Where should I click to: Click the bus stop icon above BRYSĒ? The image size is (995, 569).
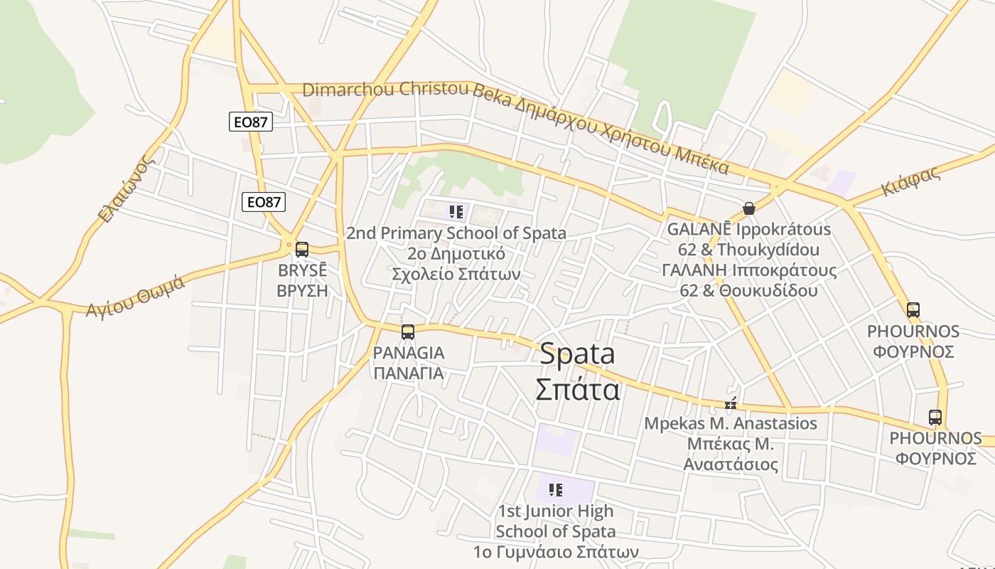click(x=302, y=250)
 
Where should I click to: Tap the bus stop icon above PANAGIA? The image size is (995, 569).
click(x=408, y=331)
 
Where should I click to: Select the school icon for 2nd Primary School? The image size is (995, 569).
click(x=456, y=211)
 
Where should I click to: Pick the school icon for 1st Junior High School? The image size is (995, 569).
click(x=556, y=489)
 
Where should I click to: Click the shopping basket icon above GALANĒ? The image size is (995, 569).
click(x=748, y=208)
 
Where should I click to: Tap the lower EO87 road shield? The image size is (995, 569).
click(x=264, y=202)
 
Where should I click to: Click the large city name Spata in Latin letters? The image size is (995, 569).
click(x=577, y=354)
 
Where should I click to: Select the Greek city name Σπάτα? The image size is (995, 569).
click(x=577, y=389)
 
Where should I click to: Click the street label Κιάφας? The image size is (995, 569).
click(x=910, y=181)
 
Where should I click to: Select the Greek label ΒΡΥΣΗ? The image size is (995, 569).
click(x=302, y=290)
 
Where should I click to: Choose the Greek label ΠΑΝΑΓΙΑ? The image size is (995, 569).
click(x=409, y=373)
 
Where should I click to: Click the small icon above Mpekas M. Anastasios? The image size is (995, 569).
click(x=731, y=405)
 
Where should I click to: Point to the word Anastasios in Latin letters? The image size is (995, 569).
click(x=778, y=423)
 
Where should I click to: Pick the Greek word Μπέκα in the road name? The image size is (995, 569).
click(x=701, y=161)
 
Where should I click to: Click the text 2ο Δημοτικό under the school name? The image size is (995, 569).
click(x=456, y=254)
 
